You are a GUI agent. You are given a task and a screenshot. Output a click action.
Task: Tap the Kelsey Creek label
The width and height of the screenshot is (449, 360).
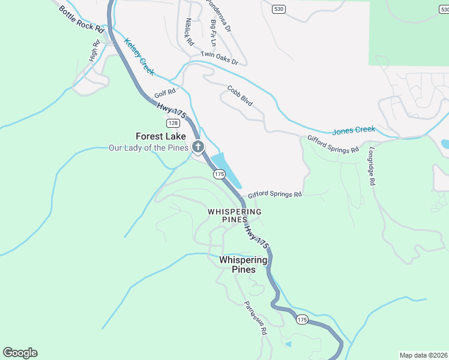(x=139, y=57)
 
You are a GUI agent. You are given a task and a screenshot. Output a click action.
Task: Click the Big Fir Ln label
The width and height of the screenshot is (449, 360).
(x=213, y=33)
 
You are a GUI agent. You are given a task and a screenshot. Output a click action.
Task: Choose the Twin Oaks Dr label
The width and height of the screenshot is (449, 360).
(x=219, y=58)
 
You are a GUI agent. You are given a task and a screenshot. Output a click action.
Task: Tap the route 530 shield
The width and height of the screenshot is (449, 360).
(x=278, y=9)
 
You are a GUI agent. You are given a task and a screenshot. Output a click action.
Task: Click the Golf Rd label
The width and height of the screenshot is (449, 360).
(x=164, y=94)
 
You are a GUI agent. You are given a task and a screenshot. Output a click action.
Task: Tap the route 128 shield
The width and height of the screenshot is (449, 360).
(x=173, y=123)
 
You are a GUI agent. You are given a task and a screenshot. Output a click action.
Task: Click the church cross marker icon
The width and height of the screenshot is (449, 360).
(x=198, y=146)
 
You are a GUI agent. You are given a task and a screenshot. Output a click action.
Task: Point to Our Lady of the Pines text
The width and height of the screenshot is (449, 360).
(x=148, y=148)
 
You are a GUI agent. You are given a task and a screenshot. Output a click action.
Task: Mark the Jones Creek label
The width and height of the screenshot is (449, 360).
(x=353, y=130)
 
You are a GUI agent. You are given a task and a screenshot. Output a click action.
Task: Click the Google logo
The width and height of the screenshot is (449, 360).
(x=20, y=353)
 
